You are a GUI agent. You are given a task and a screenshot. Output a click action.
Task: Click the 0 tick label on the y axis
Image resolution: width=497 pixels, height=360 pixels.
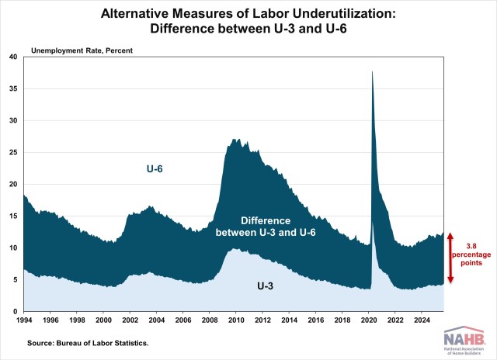pos(16,311)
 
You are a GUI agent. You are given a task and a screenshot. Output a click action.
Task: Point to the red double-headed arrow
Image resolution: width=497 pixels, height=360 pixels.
pos(451,257)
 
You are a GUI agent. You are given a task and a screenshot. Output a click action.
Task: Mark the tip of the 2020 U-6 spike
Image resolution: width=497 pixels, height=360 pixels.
pos(373,71)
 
